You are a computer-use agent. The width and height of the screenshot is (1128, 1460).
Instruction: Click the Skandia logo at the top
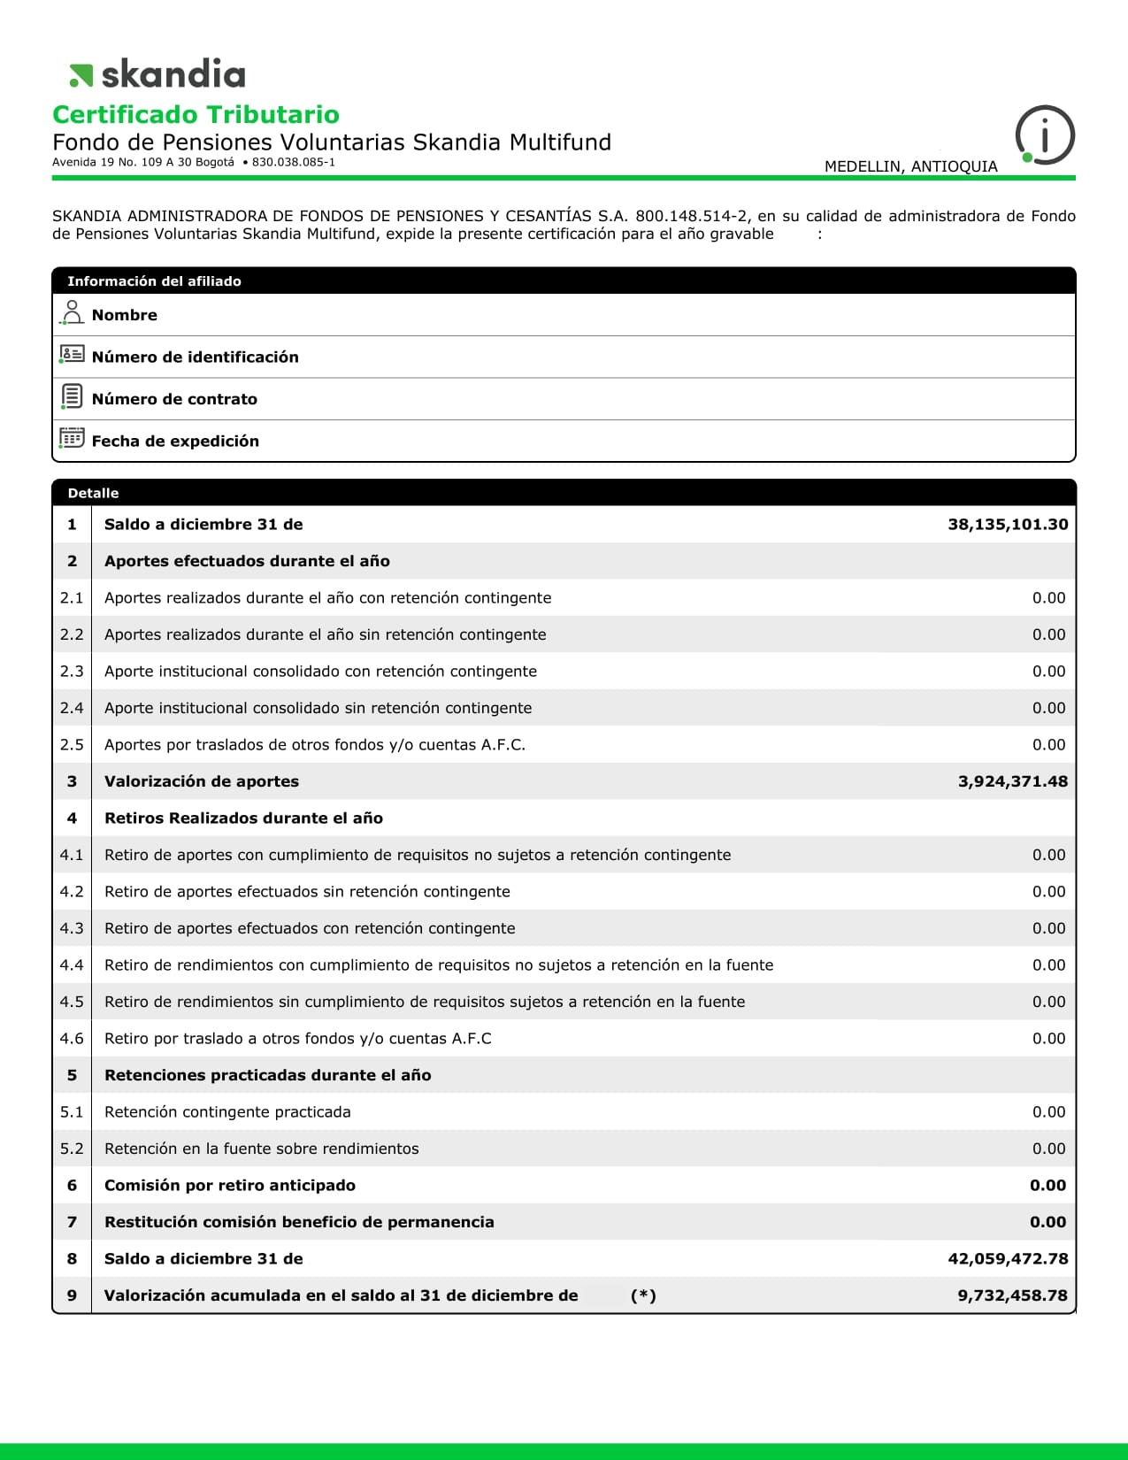(157, 74)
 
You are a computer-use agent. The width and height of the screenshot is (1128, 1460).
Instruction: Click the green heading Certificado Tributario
(196, 115)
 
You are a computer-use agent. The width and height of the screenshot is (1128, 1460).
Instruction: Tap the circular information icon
(1045, 135)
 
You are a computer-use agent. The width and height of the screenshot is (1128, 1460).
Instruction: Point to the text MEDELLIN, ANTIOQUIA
(910, 166)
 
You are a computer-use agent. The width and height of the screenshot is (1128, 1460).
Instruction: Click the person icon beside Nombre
(73, 313)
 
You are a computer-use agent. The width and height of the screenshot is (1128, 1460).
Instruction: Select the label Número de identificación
(195, 357)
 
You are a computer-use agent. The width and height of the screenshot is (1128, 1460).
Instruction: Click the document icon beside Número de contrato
(73, 397)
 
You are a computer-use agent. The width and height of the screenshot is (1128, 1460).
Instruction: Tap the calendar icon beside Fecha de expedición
(72, 439)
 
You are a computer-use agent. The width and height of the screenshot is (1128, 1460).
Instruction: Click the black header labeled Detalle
(93, 493)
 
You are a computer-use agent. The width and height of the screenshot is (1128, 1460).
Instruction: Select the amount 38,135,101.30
(1008, 524)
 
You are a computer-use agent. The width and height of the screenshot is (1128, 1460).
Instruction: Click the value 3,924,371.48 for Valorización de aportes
(1012, 781)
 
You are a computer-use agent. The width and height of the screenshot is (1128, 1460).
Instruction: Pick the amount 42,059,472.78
(1008, 1258)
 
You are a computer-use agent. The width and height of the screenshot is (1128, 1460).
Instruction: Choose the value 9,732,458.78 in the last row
(1012, 1295)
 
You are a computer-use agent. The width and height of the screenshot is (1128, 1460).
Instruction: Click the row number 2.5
(72, 745)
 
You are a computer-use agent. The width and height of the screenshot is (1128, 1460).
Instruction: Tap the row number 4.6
(72, 1039)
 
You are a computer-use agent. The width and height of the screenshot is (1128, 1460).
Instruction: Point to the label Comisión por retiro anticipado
(229, 1186)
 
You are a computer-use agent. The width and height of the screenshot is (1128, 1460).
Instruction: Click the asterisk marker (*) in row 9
(643, 1295)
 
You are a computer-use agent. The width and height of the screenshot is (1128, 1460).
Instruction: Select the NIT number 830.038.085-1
(293, 163)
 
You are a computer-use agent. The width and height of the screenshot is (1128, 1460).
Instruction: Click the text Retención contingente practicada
(227, 1112)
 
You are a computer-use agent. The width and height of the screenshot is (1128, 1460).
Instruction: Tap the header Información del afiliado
(154, 281)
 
